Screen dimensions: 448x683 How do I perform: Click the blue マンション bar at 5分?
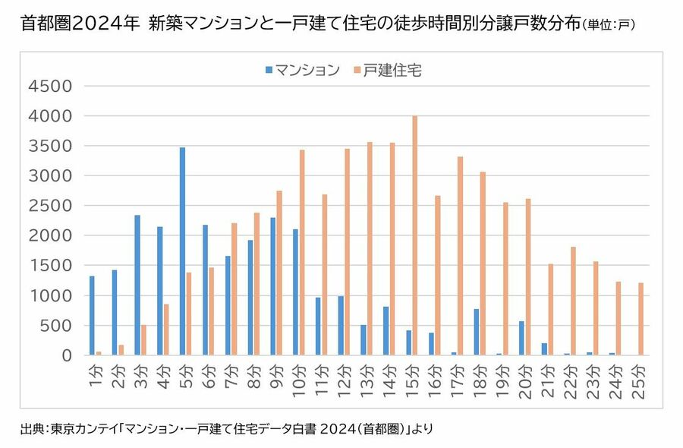click(182, 251)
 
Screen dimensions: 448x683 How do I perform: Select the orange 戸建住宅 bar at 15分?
click(414, 235)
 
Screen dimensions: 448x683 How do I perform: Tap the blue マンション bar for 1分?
click(92, 315)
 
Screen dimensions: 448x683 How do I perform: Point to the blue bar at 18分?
click(475, 332)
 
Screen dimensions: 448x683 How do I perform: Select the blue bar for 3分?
click(137, 285)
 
